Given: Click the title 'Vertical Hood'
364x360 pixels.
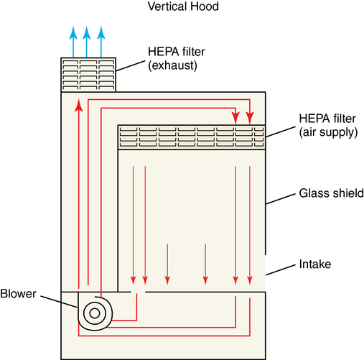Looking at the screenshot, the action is tap(183, 6).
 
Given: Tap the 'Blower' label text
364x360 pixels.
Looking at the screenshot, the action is tap(18, 294).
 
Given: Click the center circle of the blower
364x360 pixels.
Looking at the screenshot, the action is tap(95, 313).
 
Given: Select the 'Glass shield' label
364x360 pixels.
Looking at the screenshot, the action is tap(332, 193).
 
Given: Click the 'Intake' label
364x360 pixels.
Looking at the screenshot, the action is tap(315, 264).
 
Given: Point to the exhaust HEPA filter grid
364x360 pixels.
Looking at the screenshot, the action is tap(88, 75).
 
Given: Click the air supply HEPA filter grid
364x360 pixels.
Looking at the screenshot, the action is tap(192, 137).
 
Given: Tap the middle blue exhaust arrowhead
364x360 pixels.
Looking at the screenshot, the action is tap(87, 32).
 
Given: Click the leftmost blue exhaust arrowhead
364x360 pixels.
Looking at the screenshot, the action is tap(73, 32).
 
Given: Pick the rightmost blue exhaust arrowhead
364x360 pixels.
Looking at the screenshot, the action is tap(101, 32).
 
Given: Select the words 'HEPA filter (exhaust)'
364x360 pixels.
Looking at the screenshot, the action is tap(177, 58).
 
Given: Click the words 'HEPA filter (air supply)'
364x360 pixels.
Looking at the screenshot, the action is tap(328, 125).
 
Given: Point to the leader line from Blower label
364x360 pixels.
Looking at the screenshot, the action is tap(59, 302).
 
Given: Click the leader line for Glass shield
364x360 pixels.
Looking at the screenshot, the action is tap(281, 199).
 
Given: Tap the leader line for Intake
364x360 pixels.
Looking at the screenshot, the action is tap(281, 270).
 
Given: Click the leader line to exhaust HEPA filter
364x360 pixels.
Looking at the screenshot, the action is tap(131, 66).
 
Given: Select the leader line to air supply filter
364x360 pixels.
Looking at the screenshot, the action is tap(281, 132).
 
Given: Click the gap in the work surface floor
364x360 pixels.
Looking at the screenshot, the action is tap(138, 292).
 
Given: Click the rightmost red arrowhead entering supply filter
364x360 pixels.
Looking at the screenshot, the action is tap(250, 118).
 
